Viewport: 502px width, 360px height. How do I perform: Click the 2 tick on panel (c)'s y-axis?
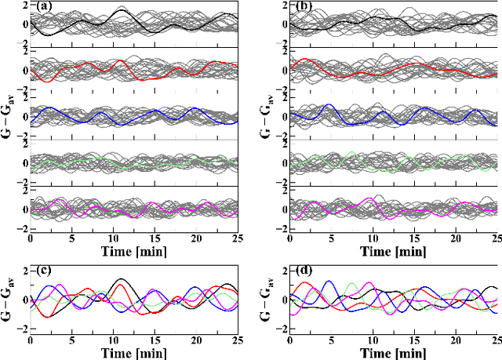24,271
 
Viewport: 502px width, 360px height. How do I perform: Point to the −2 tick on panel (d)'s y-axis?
282,329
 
